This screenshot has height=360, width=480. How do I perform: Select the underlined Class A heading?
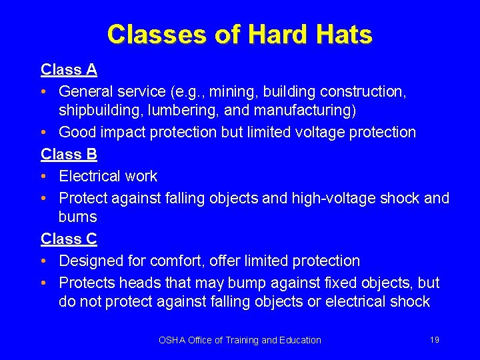tap(69, 69)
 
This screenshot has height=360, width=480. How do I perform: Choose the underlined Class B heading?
tap(69, 154)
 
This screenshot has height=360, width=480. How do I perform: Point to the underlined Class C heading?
tap(69, 239)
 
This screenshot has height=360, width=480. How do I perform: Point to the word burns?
tap(77, 217)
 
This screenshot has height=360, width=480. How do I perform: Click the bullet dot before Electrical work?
tap(44, 177)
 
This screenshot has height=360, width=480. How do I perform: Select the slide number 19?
tap(435, 340)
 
